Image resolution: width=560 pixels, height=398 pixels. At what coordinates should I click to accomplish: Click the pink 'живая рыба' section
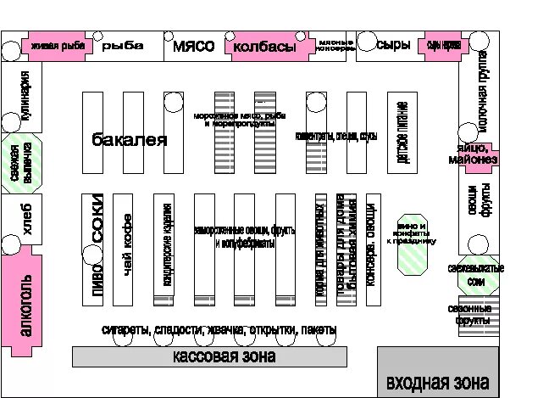tap(58, 46)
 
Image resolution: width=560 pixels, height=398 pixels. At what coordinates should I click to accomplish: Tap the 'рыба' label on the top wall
tap(124, 47)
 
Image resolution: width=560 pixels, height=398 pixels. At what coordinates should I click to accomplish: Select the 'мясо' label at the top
tap(193, 47)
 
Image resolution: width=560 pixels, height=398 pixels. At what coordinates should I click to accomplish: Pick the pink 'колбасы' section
tap(264, 47)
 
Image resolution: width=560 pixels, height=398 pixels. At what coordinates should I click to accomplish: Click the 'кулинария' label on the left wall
tap(25, 97)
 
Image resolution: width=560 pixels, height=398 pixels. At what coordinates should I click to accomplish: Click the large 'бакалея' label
tap(130, 140)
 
